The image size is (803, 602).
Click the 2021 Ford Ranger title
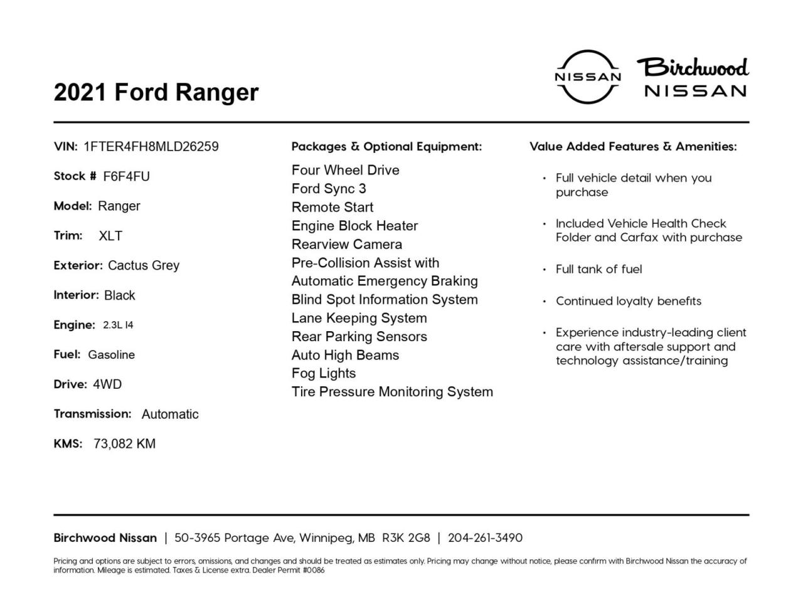pyautogui.click(x=156, y=92)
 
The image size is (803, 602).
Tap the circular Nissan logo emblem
pyautogui.click(x=588, y=77)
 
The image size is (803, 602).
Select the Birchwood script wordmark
pyautogui.click(x=693, y=67)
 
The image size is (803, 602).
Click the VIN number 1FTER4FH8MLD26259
pyautogui.click(x=151, y=147)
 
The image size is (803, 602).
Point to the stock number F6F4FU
pyautogui.click(x=127, y=176)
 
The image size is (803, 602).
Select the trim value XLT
pyautogui.click(x=110, y=236)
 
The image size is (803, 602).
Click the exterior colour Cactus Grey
pyautogui.click(x=144, y=265)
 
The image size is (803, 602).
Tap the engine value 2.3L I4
pyautogui.click(x=118, y=325)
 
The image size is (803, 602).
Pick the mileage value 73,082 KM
pyautogui.click(x=124, y=444)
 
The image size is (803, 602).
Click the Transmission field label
pyautogui.click(x=92, y=414)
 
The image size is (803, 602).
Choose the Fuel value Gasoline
pyautogui.click(x=111, y=355)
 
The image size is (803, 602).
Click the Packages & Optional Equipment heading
pyautogui.click(x=386, y=147)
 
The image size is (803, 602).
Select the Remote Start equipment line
pyautogui.click(x=332, y=207)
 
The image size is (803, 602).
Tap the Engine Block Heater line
pyautogui.click(x=354, y=226)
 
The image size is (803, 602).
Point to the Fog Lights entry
pyautogui.click(x=324, y=373)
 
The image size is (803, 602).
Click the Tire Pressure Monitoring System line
pyautogui.click(x=392, y=392)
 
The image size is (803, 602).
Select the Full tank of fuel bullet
pyautogui.click(x=598, y=269)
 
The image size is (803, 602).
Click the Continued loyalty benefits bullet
pyautogui.click(x=628, y=301)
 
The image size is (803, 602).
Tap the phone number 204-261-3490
pyautogui.click(x=485, y=538)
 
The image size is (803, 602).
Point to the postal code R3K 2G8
pyautogui.click(x=406, y=538)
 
